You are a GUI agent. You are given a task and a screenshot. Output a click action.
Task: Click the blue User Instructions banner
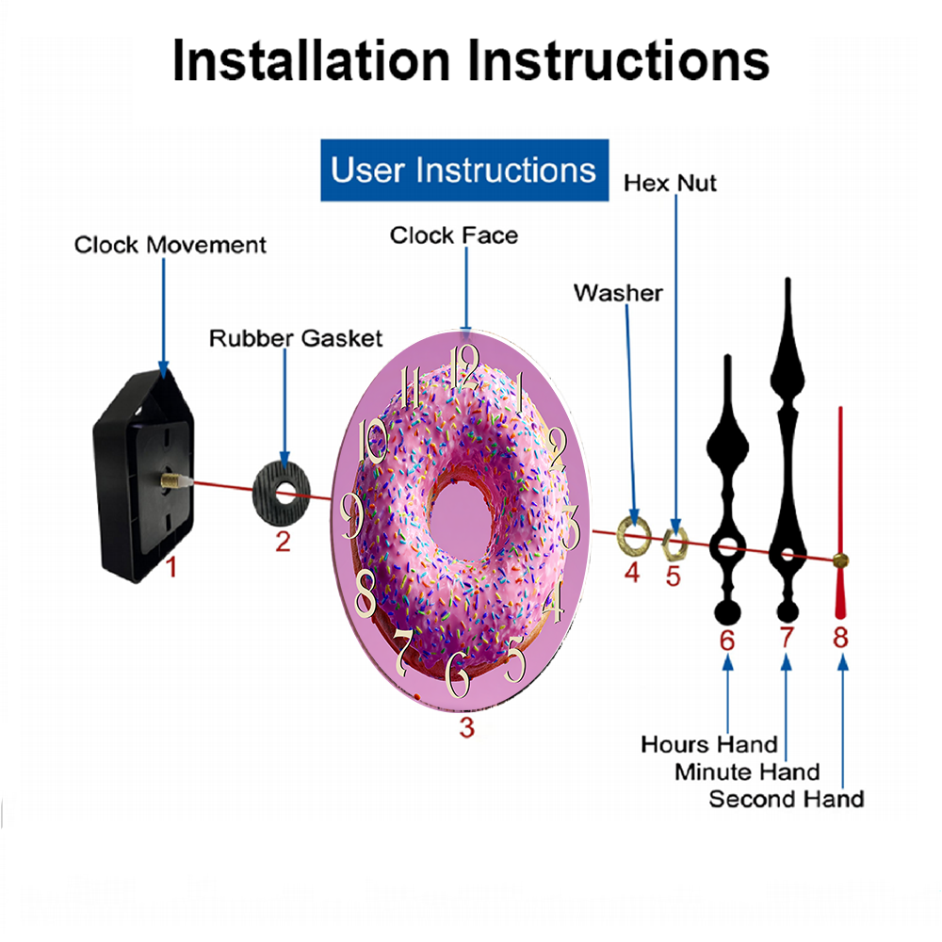tap(464, 170)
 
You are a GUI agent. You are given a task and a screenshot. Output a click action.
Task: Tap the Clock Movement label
tap(170, 245)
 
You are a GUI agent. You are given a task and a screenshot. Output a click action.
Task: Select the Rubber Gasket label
tap(296, 338)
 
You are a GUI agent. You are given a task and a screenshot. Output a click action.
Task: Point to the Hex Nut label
tap(670, 184)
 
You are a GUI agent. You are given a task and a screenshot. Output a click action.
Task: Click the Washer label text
tap(618, 293)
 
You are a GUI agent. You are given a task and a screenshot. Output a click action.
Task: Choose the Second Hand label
tap(787, 799)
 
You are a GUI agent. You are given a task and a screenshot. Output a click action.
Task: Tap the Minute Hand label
tap(747, 772)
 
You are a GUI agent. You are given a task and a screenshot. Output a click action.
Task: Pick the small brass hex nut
tap(674, 544)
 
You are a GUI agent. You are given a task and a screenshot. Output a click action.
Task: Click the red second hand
tap(840, 513)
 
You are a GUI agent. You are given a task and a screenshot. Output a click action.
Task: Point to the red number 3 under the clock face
tap(467, 727)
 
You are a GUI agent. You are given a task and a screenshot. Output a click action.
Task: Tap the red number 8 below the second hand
tap(840, 638)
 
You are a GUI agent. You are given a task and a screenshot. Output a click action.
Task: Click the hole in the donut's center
tap(462, 518)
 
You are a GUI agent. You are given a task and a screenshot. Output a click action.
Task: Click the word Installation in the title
tap(311, 60)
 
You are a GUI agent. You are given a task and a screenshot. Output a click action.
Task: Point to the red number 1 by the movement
tap(171, 567)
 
